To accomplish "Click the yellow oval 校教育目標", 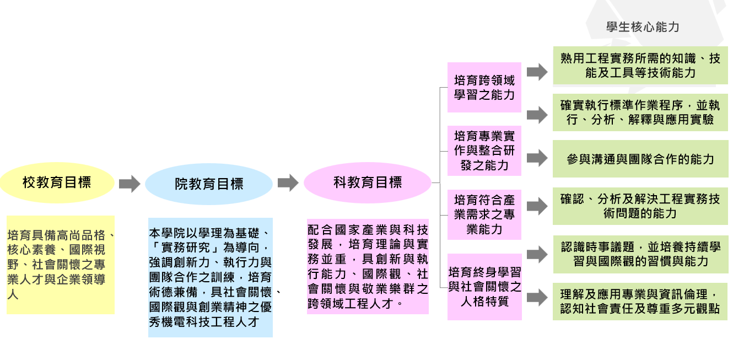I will pos(57,182).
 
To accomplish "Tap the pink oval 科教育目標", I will pos(368,182).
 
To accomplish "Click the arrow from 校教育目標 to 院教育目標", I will pos(130,184).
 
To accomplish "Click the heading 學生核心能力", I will pos(643,27).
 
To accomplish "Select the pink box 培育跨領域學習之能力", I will pos(484,87).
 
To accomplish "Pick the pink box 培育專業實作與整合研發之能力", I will pos(484,150).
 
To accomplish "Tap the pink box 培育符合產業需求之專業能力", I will pos(484,214).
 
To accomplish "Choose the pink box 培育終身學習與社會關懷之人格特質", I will pos(484,286).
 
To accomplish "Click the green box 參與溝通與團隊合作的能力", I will pos(640,159).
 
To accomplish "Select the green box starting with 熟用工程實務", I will pos(640,66).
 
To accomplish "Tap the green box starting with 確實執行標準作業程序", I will pos(640,112).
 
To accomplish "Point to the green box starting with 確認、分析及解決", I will pos(640,206).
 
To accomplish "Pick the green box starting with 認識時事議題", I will pos(640,254).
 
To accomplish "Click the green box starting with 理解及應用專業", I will pos(640,302).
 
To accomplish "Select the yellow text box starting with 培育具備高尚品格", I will pos(60,265).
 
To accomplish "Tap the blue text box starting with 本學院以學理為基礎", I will pos(210,278).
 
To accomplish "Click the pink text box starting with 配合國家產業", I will pos(368,266).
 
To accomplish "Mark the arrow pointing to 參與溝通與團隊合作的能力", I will pos(536,158).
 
